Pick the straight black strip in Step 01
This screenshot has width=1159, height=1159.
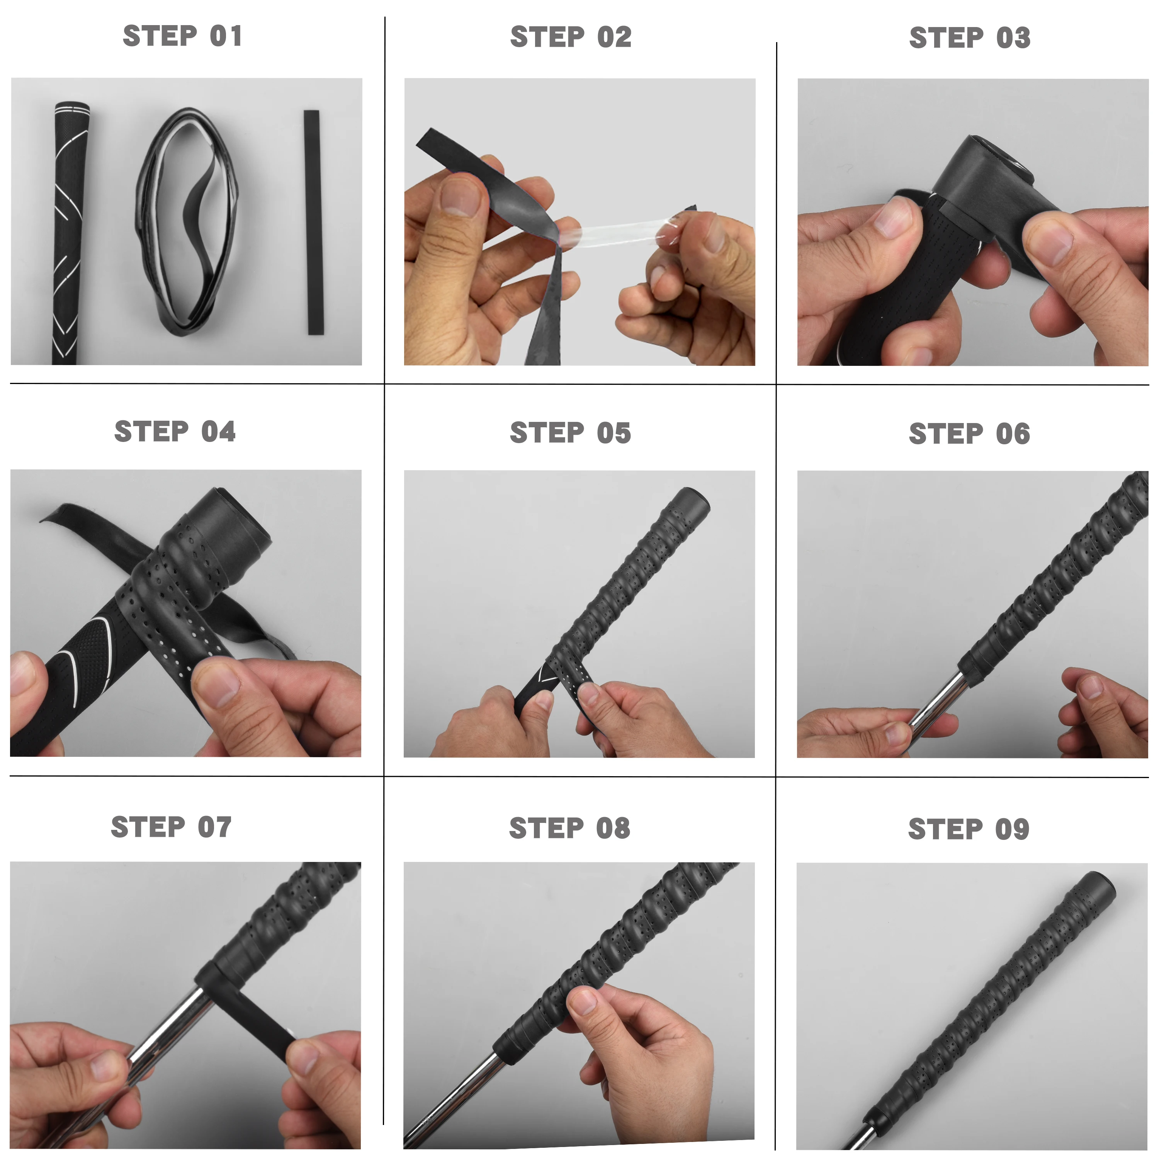tap(313, 222)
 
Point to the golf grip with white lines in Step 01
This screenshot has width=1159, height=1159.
tap(67, 234)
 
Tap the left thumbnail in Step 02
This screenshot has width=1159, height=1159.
tap(459, 197)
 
